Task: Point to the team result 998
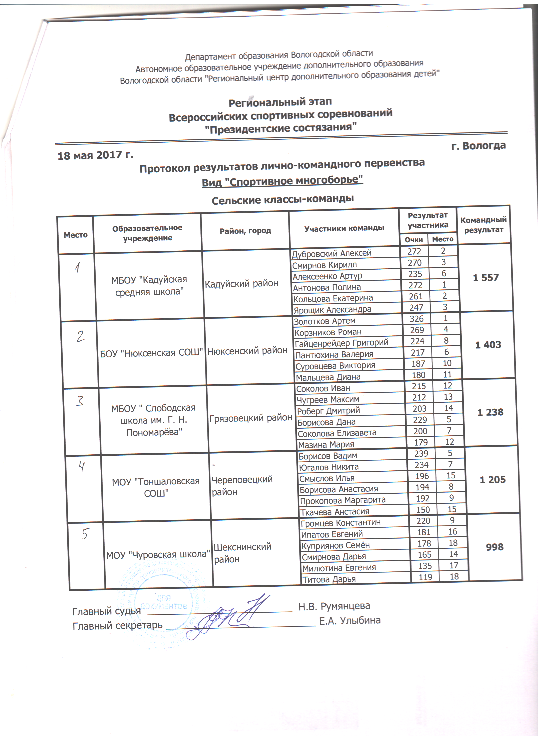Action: click(495, 547)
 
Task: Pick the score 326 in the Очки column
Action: click(417, 319)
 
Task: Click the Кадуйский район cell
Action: click(241, 284)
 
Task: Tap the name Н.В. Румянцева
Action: click(334, 606)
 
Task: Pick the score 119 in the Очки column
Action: click(425, 577)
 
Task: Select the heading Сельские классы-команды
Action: click(283, 199)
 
